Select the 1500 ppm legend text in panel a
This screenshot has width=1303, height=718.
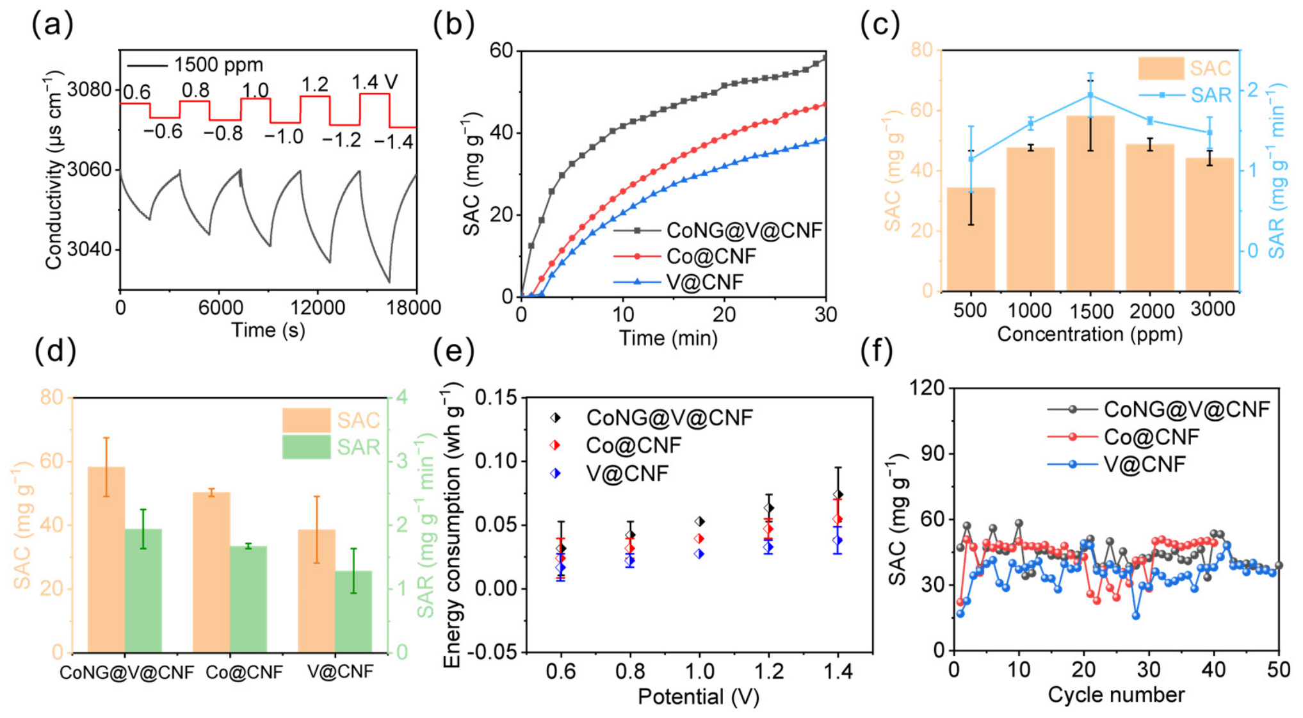point(218,65)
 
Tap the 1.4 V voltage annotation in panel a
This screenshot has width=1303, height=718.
point(375,82)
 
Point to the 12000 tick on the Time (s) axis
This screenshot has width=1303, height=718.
point(318,308)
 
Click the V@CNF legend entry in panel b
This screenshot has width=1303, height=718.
point(705,282)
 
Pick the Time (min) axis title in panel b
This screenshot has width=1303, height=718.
point(668,338)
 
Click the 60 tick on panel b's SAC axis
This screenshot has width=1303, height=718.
point(501,50)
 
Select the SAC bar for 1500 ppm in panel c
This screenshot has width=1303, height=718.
point(1090,203)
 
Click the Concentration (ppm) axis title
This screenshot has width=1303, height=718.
point(1090,334)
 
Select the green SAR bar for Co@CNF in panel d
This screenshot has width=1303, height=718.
point(248,600)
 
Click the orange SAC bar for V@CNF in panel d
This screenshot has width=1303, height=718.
point(316,591)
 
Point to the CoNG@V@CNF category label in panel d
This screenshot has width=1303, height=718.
point(127,673)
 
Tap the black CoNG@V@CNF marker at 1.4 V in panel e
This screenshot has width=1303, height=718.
point(838,494)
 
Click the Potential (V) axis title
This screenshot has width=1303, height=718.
point(699,697)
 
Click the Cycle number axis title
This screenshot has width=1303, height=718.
point(1116,695)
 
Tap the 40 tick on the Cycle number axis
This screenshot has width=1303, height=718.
point(1213,670)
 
